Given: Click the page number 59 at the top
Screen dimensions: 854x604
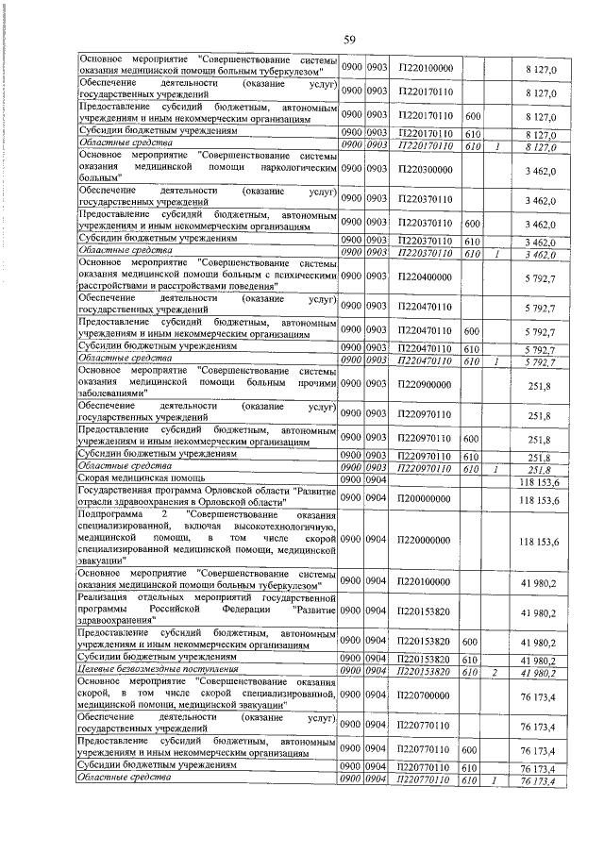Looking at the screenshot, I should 348,39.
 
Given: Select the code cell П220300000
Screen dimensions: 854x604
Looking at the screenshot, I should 427,168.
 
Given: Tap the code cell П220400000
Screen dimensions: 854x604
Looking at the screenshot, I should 427,276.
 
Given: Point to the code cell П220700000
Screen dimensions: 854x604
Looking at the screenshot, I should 427,695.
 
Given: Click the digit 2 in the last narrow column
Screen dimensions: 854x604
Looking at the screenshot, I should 495,671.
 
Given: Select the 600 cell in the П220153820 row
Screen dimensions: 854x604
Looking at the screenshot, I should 474,641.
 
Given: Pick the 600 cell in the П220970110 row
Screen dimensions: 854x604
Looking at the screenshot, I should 474,438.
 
